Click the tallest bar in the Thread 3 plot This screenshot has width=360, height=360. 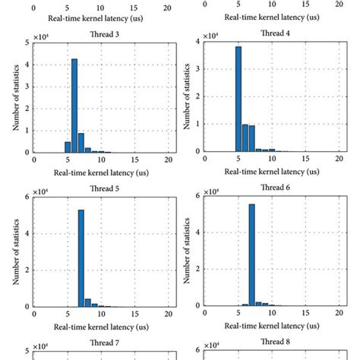74,106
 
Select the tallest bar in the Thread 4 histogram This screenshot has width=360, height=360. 238,99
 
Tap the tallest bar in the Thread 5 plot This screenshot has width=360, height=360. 81,258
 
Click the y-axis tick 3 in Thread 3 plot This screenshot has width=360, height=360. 27,87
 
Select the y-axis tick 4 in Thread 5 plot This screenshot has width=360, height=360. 27,233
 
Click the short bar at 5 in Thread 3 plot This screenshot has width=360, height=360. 68,147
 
